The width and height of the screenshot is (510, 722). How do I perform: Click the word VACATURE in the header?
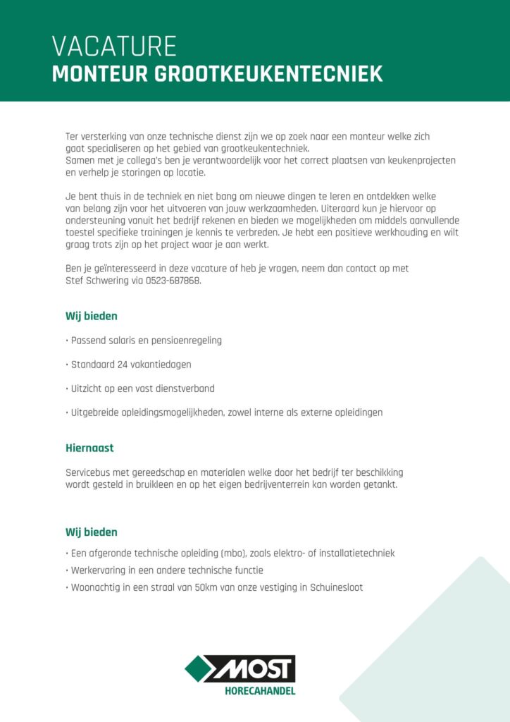(114, 47)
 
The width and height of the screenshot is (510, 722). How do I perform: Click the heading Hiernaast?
(89, 448)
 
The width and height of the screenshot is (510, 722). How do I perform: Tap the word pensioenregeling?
(185, 341)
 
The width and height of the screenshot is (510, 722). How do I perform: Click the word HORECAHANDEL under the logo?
(259, 691)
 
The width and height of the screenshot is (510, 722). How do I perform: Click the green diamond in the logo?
(199, 668)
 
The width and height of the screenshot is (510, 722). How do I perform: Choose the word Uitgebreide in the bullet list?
(95, 412)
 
